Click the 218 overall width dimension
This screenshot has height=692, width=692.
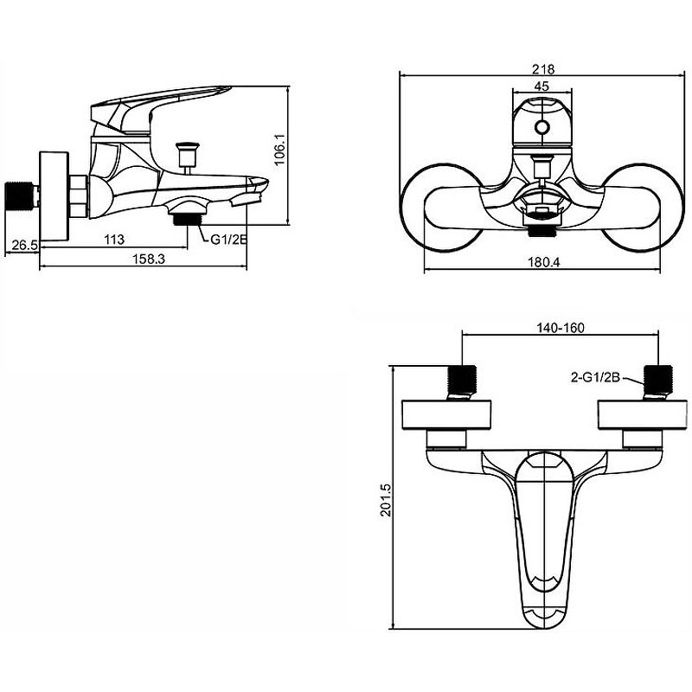(543, 69)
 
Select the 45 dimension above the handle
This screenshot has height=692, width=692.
(541, 86)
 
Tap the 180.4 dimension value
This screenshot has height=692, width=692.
(544, 262)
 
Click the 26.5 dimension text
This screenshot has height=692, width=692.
(25, 245)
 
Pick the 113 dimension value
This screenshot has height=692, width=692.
(114, 240)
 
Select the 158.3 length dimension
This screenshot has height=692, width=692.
(149, 259)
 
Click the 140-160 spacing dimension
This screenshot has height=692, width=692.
(560, 328)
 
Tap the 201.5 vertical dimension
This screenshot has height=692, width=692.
(385, 500)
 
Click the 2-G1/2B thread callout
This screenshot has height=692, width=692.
(596, 377)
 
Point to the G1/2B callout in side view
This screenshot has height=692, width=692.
(228, 240)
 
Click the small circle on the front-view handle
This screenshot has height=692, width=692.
(542, 127)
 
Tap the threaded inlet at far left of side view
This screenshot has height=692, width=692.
(21, 195)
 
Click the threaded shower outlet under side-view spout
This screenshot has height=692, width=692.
(188, 220)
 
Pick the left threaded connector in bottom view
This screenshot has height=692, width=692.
(463, 381)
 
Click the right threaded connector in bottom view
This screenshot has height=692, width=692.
(659, 381)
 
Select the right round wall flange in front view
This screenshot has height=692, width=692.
(643, 208)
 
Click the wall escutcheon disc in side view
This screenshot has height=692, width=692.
(54, 196)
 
